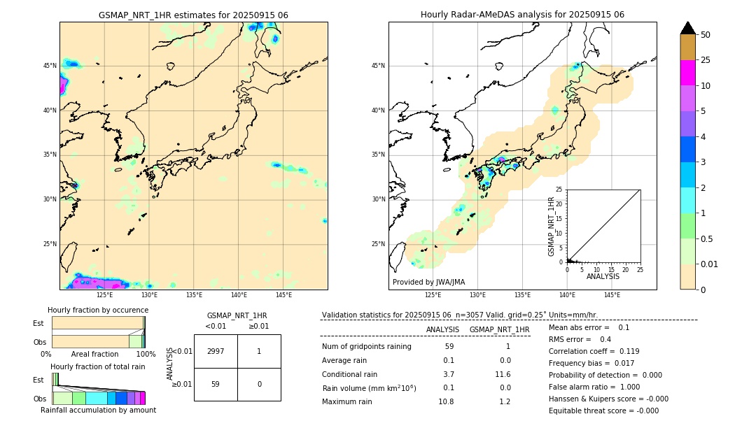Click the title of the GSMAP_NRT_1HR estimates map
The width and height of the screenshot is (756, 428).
(193, 15)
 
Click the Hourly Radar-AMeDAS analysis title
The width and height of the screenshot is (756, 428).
(522, 15)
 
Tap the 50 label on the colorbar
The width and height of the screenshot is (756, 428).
(706, 35)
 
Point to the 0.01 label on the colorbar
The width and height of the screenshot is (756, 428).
(710, 264)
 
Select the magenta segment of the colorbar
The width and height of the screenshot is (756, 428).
(687, 73)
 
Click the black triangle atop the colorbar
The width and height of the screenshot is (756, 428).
(687, 28)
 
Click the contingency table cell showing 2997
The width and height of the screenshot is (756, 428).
(216, 351)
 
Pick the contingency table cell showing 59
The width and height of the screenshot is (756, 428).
(216, 384)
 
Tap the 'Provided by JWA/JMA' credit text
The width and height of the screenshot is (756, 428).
(428, 282)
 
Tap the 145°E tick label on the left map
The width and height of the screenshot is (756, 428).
(283, 295)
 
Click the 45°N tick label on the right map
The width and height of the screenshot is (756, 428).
(378, 66)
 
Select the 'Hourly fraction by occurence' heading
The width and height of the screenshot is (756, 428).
(98, 310)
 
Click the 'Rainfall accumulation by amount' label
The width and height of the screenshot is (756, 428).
(98, 410)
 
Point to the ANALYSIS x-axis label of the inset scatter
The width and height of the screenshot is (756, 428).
(603, 276)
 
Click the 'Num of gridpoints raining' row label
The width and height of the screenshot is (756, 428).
(367, 347)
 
